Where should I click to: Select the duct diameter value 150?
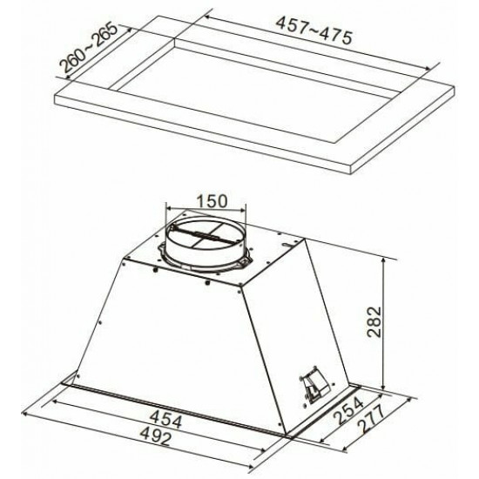[212, 201]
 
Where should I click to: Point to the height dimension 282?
[374, 321]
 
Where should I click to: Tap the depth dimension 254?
[347, 409]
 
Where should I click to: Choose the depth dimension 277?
[370, 418]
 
